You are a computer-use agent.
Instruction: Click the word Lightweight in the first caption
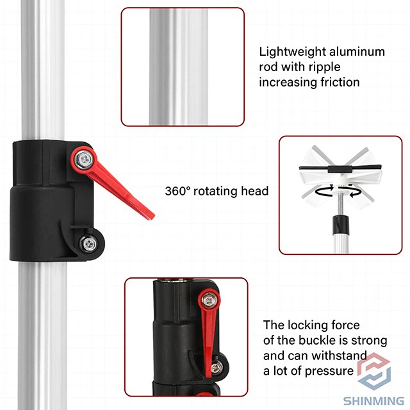tap(292, 53)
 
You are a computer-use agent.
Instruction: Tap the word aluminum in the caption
tap(357, 51)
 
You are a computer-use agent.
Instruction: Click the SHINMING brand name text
tap(373, 401)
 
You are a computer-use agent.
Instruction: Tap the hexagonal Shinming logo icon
tap(374, 371)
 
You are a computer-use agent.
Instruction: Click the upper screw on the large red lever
tap(83, 160)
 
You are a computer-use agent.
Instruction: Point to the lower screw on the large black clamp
tap(88, 243)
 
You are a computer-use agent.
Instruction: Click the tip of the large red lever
tap(152, 217)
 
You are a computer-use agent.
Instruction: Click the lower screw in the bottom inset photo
tap(217, 367)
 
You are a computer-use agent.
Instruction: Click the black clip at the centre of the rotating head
tap(340, 169)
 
